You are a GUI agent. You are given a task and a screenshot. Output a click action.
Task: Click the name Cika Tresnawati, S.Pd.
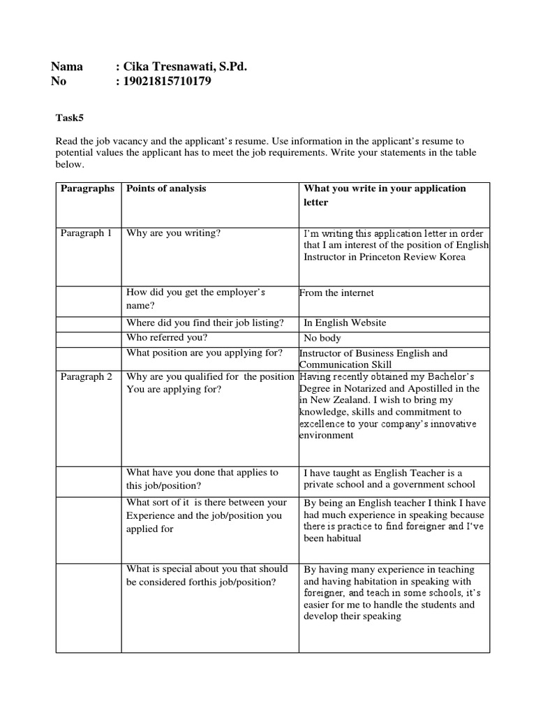185,66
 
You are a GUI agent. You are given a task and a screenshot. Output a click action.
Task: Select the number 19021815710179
167,82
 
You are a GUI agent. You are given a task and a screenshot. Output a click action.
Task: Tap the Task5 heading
69,117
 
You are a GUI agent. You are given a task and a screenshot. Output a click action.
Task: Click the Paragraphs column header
87,189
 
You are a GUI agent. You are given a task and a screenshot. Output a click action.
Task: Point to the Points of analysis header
166,189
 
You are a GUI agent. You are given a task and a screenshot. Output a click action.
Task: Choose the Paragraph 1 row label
86,233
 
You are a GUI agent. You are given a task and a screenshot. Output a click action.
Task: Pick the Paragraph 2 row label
86,377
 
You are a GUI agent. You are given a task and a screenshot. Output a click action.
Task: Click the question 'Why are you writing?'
173,233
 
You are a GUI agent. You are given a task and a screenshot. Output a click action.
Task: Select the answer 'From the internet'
336,293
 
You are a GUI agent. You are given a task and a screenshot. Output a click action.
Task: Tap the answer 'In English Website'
345,323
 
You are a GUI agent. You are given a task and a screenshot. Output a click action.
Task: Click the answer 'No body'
322,338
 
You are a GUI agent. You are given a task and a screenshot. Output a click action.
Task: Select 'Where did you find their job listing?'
205,323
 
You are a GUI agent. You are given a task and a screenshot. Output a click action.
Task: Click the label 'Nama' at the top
67,66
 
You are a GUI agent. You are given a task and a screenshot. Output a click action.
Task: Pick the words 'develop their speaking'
352,617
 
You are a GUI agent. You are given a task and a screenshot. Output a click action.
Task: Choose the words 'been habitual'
332,538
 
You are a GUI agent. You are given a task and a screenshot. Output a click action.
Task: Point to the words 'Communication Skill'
345,364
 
